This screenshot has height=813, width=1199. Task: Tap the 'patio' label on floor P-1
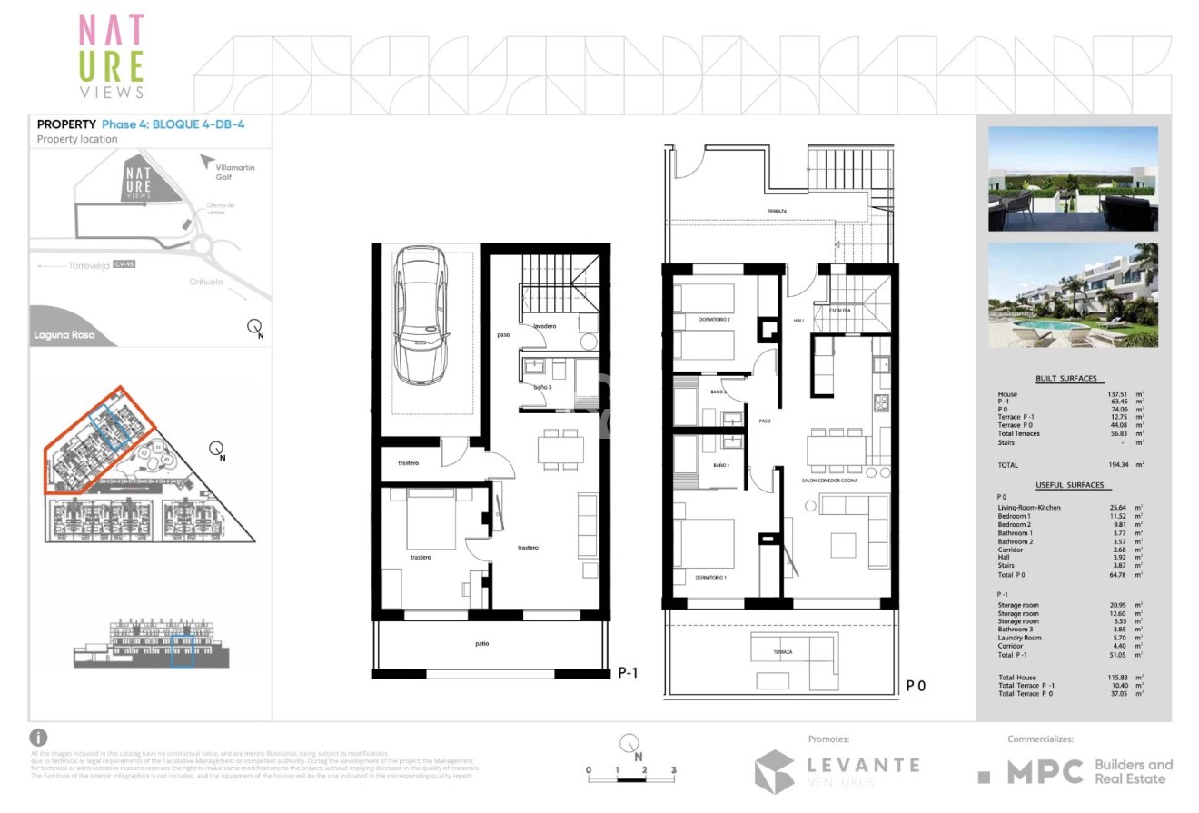[481, 644]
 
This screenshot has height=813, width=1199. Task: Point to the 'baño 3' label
[542, 388]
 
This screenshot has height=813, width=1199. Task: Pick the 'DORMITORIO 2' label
[715, 320]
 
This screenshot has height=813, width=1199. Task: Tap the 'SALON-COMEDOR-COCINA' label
[830, 481]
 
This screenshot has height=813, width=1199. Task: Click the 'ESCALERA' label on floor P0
[840, 310]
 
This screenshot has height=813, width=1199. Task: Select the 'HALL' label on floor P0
[799, 321]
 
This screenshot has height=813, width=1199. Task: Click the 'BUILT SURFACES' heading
[1066, 378]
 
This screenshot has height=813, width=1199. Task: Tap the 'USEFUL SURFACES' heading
[1069, 485]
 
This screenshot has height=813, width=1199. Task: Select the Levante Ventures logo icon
[774, 771]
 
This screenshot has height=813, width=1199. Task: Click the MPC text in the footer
[1045, 772]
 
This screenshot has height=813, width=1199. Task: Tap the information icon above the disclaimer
[39, 738]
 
